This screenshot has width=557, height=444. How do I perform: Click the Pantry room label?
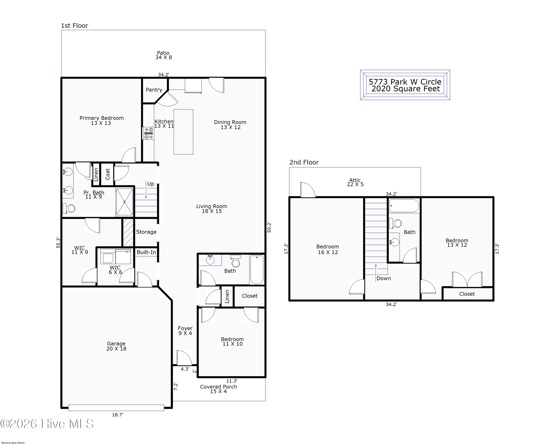tap(154, 90)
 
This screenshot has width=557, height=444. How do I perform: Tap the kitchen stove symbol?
tap(149, 133)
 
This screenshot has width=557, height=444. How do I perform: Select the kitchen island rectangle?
tap(183, 132)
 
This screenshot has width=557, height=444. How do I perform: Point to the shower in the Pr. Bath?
tap(125, 202)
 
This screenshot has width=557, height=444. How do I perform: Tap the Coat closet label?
tap(108, 174)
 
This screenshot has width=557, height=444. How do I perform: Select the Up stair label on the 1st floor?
tap(151, 184)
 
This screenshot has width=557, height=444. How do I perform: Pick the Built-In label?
tap(146, 252)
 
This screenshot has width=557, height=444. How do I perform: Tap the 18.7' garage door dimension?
tap(118, 414)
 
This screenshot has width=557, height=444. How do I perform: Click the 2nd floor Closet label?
tap(467, 294)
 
